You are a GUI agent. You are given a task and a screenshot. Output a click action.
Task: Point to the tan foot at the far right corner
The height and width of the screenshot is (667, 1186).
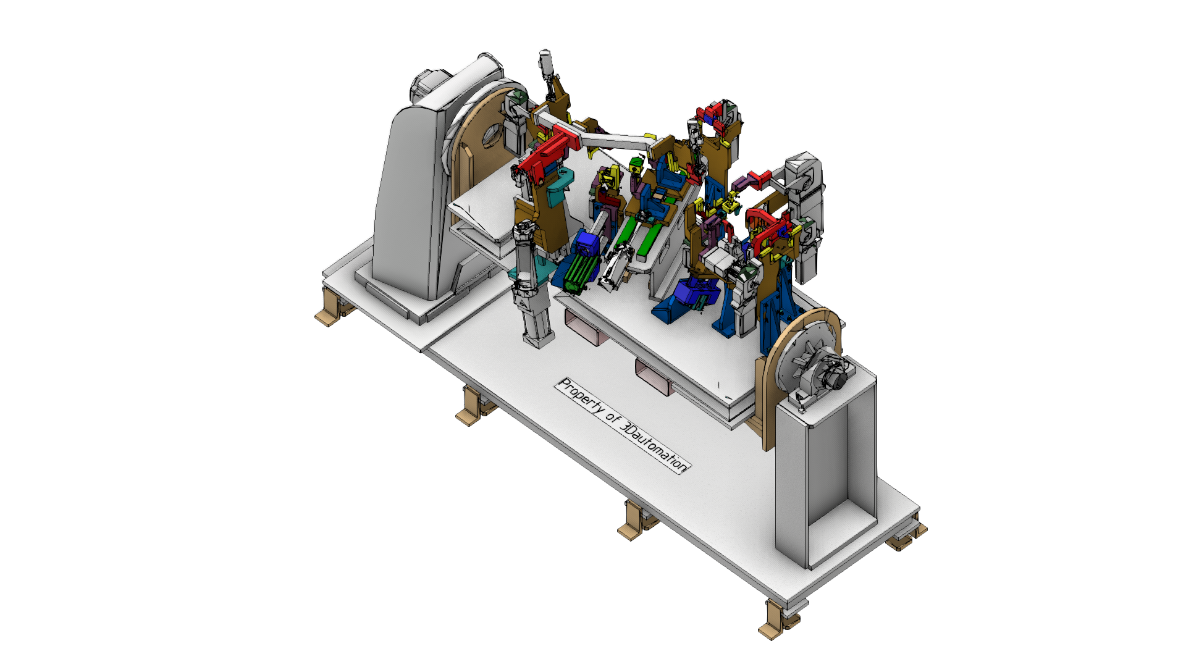pyautogui.click(x=906, y=535)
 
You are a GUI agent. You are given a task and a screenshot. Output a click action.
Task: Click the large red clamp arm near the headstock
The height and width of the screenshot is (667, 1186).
pyautogui.click(x=547, y=151)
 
